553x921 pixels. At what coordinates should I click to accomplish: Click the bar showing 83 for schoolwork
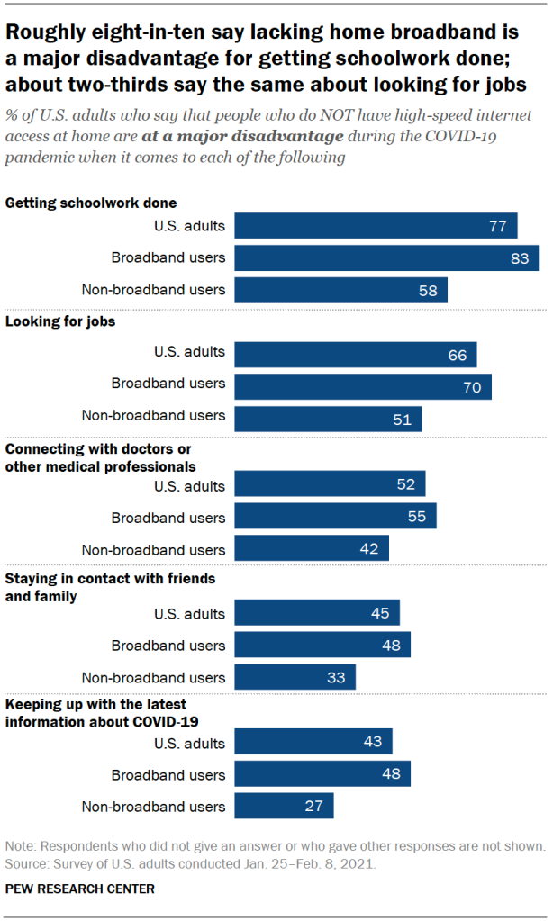[x=386, y=257]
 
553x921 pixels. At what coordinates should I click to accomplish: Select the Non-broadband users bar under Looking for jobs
[x=328, y=419]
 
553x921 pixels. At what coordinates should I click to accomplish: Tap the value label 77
[x=498, y=226]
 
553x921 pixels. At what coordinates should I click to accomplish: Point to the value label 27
[x=313, y=806]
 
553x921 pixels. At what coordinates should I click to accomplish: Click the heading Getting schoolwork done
[x=91, y=203]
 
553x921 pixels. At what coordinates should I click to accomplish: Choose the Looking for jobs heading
[x=60, y=321]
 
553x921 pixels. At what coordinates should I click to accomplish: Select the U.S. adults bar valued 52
[x=330, y=484]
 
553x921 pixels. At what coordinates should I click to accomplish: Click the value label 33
[x=336, y=677]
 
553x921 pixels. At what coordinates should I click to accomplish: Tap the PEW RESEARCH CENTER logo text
[x=79, y=889]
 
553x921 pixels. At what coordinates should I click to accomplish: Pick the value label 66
[x=458, y=355]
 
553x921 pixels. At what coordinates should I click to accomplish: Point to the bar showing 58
[x=340, y=290]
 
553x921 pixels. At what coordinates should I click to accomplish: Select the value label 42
[x=369, y=549]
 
